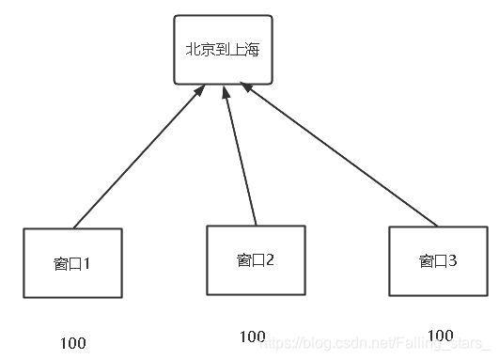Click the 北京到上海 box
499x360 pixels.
[x=223, y=49]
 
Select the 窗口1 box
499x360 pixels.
[x=72, y=263]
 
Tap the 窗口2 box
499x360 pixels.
[x=256, y=259]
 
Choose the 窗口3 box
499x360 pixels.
[x=439, y=260]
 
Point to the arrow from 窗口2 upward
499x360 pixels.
[x=241, y=155]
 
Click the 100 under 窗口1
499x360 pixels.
[x=72, y=342]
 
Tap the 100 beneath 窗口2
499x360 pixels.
[x=252, y=337]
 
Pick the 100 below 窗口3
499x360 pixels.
[x=439, y=335]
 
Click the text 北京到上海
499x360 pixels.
[x=223, y=49]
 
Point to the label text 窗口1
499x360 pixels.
[x=72, y=264]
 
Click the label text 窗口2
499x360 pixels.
[x=256, y=259]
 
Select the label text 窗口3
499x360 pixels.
[x=439, y=260]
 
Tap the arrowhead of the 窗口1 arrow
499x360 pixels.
[x=200, y=90]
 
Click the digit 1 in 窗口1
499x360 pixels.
[x=87, y=264]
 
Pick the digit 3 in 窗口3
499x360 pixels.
[x=453, y=260]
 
